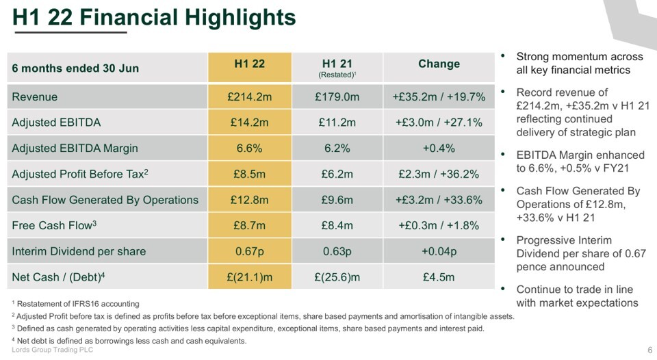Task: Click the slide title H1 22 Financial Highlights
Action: click(155, 16)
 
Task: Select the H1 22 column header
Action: click(249, 64)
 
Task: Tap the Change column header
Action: click(439, 64)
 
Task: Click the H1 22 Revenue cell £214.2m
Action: click(249, 97)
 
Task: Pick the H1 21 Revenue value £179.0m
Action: click(337, 97)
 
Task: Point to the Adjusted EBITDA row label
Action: click(56, 123)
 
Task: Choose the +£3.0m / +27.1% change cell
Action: click(439, 123)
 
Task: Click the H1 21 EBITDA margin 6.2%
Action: click(337, 149)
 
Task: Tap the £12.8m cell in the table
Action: click(249, 200)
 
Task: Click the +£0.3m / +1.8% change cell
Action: click(439, 225)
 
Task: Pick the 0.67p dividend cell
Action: click(249, 251)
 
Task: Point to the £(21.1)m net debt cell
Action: click(249, 277)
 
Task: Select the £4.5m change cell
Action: click(439, 277)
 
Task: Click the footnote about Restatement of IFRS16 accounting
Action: click(76, 304)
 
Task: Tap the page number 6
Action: click(649, 350)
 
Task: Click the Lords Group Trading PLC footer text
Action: click(53, 350)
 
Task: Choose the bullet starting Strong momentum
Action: click(579, 63)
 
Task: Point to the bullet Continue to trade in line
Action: click(577, 296)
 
